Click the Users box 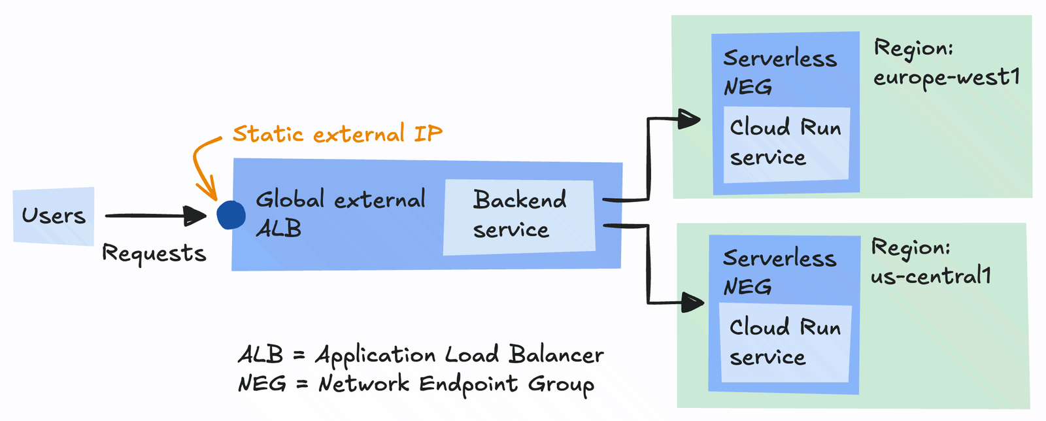click(54, 216)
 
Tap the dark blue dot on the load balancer click(231, 215)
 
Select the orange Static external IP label click(337, 134)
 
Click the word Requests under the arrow click(154, 253)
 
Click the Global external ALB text click(340, 213)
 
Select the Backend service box click(519, 216)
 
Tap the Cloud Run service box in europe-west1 click(786, 143)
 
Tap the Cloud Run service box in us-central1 click(786, 343)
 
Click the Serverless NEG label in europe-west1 click(779, 72)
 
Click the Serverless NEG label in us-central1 click(779, 272)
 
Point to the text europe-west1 click(947, 78)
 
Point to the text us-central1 click(931, 277)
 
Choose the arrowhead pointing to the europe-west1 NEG click(690, 119)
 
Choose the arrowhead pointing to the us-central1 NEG click(693, 302)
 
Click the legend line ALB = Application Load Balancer click(420, 355)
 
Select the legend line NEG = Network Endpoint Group click(416, 384)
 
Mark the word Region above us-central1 click(910, 248)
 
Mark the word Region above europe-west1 click(913, 48)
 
